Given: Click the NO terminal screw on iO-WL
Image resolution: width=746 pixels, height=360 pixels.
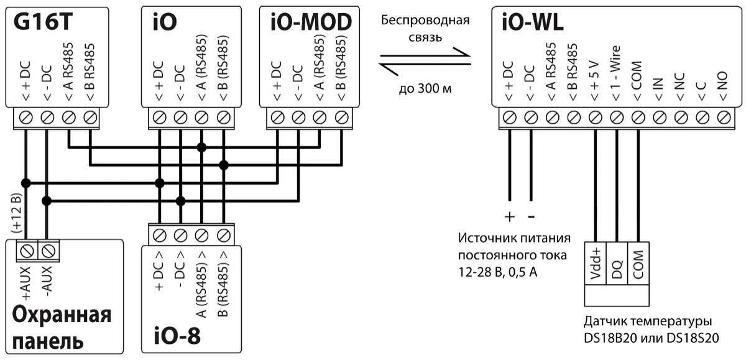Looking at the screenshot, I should click(723, 116).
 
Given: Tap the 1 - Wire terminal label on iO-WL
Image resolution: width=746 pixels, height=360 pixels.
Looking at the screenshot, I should click(616, 81).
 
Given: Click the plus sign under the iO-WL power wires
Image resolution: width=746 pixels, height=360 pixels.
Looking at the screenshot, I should click(510, 217).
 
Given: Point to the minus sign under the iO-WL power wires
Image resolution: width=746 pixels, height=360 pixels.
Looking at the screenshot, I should click(531, 217).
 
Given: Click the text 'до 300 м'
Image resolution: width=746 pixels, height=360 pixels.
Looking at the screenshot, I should click(425, 88).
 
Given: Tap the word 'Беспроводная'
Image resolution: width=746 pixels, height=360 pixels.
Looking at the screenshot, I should click(425, 21).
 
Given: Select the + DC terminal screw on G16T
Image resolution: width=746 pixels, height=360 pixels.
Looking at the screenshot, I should click(25, 116).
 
